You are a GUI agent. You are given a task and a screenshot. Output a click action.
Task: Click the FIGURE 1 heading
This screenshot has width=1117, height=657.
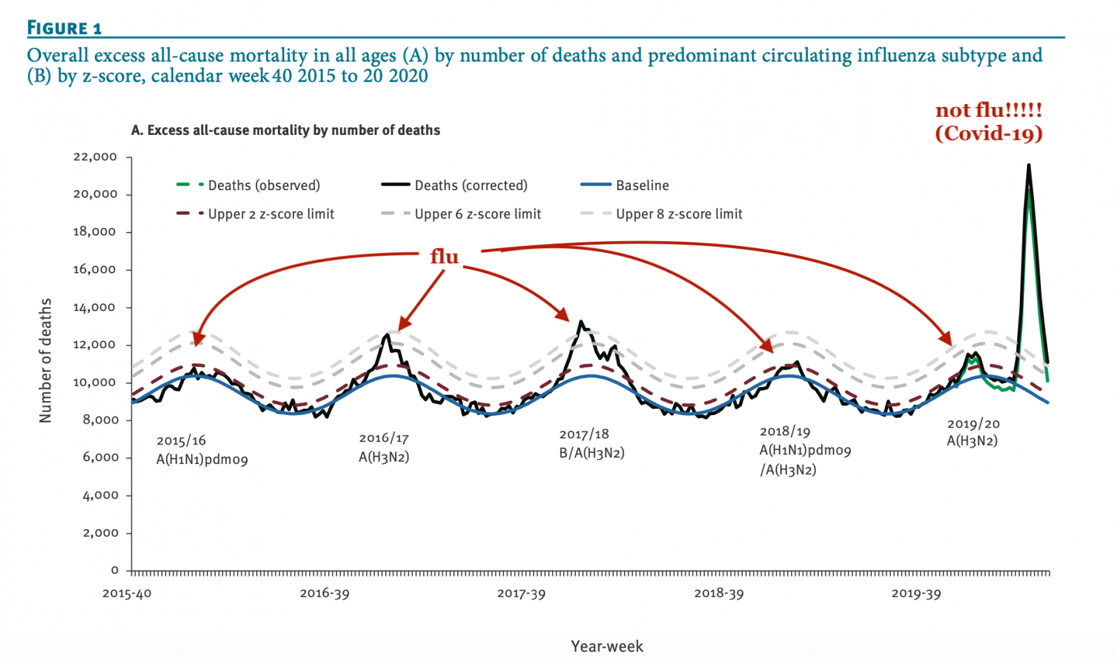click(64, 28)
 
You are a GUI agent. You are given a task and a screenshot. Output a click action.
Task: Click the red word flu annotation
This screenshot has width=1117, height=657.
click(444, 257)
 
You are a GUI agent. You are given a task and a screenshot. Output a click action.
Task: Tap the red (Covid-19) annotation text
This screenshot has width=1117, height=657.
click(989, 133)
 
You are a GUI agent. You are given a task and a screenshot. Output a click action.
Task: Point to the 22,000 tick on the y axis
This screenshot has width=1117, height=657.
click(95, 157)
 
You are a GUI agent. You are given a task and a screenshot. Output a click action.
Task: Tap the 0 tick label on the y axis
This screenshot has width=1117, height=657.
click(114, 570)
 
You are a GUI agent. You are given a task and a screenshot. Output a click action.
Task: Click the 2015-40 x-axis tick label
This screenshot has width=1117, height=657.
click(127, 593)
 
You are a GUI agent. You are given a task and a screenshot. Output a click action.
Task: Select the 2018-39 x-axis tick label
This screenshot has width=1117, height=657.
click(718, 593)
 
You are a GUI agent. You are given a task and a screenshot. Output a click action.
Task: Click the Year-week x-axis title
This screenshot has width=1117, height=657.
click(607, 647)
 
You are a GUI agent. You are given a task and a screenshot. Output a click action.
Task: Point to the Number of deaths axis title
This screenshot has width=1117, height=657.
click(45, 361)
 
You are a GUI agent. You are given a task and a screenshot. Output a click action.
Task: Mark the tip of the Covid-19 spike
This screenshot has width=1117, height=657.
click(1028, 165)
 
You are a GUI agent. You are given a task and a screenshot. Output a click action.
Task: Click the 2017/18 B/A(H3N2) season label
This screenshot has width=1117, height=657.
click(591, 444)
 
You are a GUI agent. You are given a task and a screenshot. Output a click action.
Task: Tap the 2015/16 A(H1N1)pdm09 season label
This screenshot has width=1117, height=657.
click(202, 450)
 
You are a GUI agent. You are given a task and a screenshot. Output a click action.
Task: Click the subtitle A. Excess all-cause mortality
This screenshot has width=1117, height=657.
click(286, 130)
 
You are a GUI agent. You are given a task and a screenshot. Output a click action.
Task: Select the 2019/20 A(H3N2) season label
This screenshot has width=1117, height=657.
click(972, 432)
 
